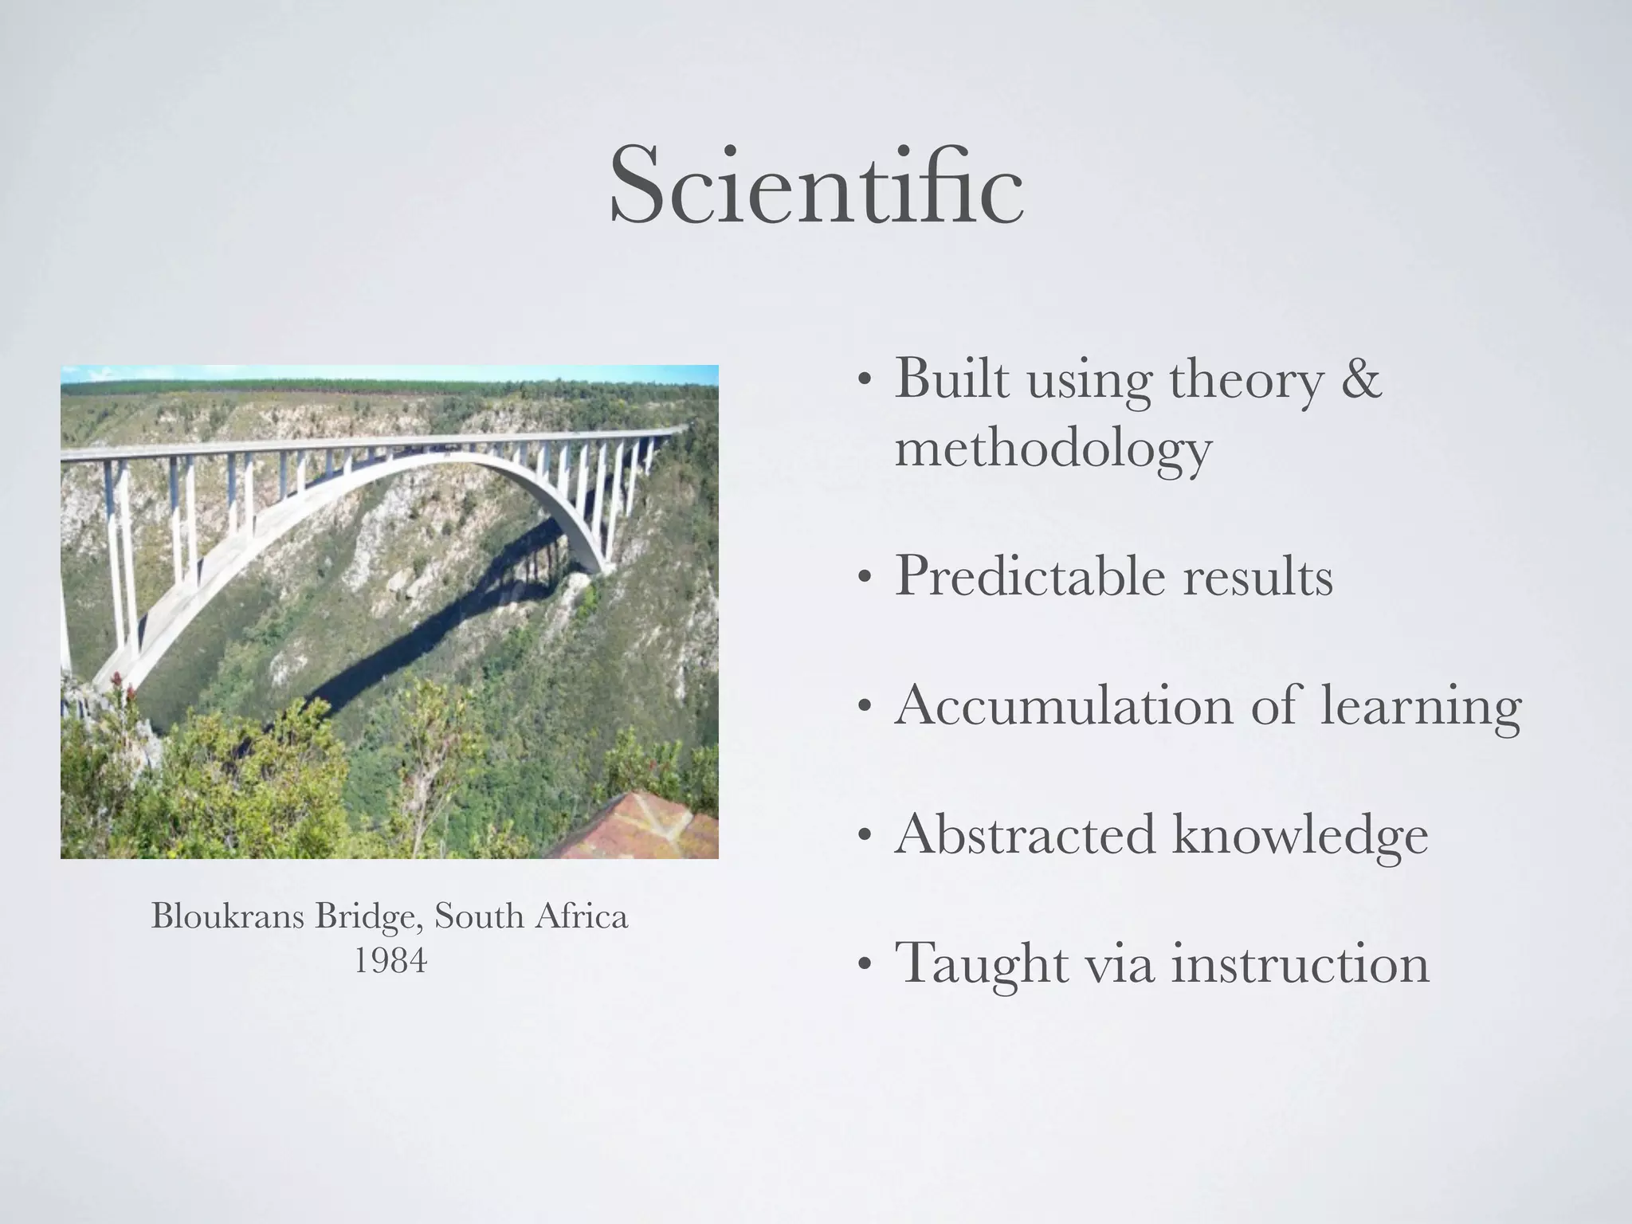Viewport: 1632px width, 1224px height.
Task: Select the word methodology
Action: click(x=1053, y=449)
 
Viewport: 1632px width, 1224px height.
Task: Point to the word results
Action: click(x=1257, y=575)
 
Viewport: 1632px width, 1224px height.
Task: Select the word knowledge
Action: click(x=1300, y=836)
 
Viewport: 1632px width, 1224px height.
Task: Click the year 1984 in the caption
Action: click(x=390, y=960)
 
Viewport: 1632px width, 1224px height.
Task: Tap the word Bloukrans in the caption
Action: click(x=228, y=916)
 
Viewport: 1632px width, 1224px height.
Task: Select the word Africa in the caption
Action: click(x=582, y=916)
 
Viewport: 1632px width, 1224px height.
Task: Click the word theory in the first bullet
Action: click(x=1246, y=380)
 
